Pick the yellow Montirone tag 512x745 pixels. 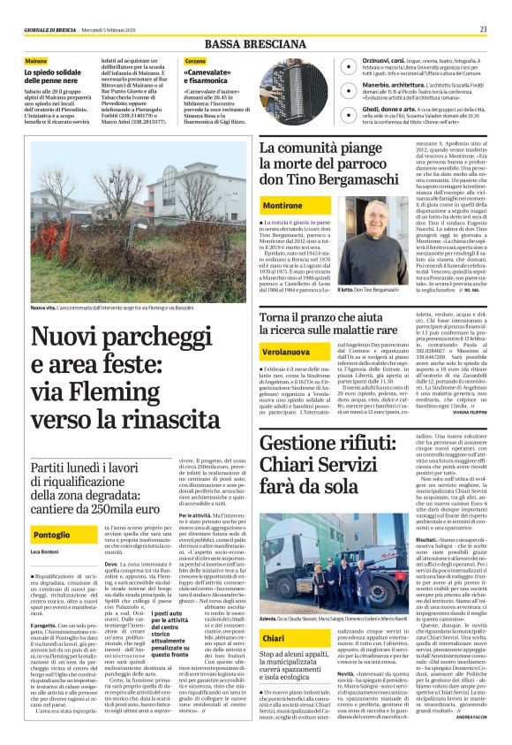(282, 205)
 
